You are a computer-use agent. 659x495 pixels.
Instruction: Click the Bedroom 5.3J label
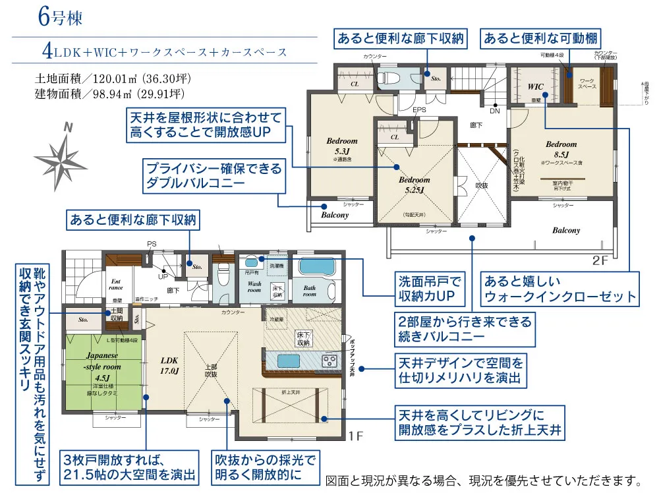click(341, 146)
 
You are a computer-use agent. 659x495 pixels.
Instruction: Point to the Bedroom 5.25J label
click(414, 185)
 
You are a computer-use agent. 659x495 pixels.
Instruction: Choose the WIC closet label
click(535, 86)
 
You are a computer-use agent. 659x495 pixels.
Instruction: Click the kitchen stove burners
click(329, 361)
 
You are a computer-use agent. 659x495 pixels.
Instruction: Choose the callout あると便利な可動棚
click(541, 39)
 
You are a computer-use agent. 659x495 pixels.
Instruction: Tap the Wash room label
click(254, 288)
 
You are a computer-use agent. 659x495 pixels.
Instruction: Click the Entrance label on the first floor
click(115, 283)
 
